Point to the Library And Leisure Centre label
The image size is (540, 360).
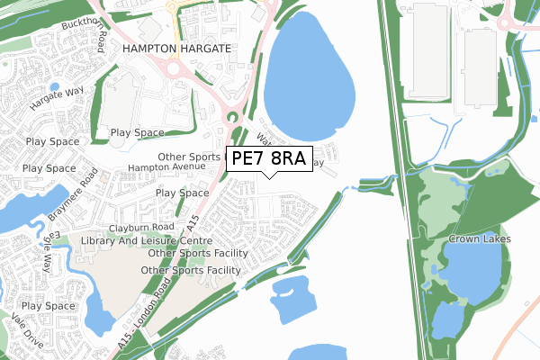click(146, 241)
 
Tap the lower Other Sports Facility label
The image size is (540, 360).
click(191, 270)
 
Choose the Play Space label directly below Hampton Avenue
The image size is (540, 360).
click(183, 193)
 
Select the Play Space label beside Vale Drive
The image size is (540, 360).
click(48, 306)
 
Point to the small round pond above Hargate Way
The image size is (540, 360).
click(55, 88)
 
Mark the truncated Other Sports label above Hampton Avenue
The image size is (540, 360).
click(190, 157)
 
